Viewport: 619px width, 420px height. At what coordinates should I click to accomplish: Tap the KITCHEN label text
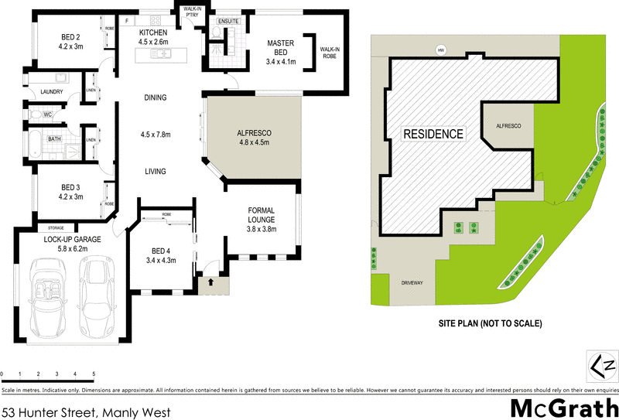pos(153,32)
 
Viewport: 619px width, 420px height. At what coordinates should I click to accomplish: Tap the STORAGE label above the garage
pos(56,228)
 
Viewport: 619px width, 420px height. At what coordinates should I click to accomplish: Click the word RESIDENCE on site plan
pos(433,135)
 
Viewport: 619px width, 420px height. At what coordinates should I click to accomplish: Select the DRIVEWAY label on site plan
pos(412,284)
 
